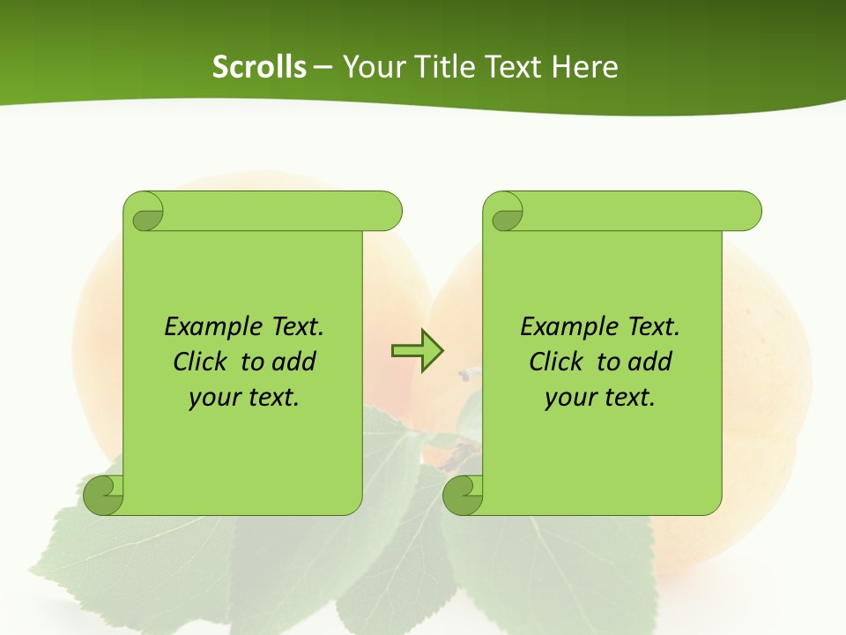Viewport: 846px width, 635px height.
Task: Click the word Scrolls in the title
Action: click(x=259, y=67)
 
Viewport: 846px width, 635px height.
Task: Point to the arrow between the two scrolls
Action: click(x=417, y=351)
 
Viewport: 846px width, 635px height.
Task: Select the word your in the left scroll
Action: click(x=213, y=398)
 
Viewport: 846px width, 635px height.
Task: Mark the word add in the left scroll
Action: click(x=293, y=362)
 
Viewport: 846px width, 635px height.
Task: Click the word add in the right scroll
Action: click(x=649, y=362)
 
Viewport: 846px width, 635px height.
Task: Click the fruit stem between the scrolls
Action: click(x=466, y=375)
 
